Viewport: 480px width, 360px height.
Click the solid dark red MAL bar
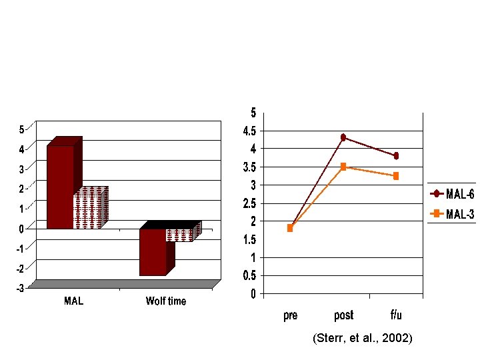[64, 183]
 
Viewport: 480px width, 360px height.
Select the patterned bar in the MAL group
[91, 207]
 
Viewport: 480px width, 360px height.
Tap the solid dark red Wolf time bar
[157, 248]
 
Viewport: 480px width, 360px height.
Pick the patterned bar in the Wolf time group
[184, 232]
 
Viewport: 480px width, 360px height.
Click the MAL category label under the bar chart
[73, 301]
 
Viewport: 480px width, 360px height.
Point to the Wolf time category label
[166, 301]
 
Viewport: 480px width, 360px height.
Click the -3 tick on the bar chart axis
[20, 288]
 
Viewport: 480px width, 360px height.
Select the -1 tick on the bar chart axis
[20, 249]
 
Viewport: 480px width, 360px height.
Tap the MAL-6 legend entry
[452, 194]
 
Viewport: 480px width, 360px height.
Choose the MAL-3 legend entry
[452, 214]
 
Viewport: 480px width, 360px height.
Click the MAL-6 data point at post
[343, 137]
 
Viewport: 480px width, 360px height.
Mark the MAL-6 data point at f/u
[396, 156]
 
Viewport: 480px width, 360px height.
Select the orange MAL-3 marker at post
[343, 167]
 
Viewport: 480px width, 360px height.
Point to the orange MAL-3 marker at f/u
[396, 176]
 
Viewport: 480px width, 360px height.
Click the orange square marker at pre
[290, 228]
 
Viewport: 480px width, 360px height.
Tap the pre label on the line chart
[290, 315]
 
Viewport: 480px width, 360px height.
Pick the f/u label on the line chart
[396, 315]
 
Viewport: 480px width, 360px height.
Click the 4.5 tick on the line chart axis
[249, 131]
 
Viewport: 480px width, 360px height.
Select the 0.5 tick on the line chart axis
[249, 276]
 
